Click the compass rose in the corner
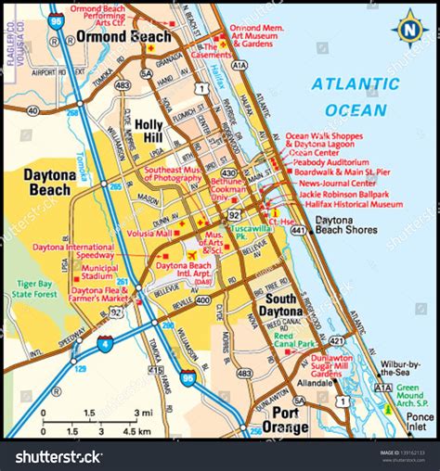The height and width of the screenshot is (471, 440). [x=408, y=30]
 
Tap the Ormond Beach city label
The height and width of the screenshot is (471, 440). [x=123, y=37]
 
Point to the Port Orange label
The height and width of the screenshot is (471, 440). [x=285, y=420]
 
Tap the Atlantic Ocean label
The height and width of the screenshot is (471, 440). [x=349, y=96]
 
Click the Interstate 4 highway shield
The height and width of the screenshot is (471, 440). [x=106, y=344]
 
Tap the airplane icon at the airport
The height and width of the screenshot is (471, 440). [x=192, y=254]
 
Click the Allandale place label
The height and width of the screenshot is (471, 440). [x=313, y=381]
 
